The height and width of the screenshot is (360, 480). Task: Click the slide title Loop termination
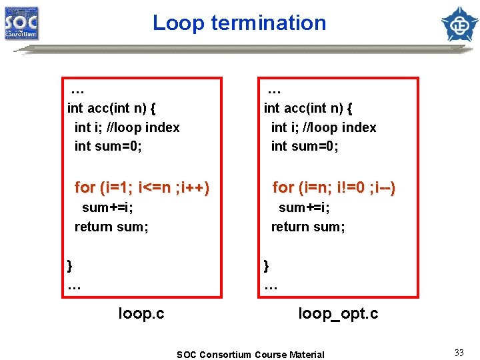pos(239,23)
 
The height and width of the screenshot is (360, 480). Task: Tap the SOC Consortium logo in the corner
pos(21,23)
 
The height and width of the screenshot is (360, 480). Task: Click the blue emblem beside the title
pos(459,24)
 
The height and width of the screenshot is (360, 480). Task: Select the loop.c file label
pos(141,313)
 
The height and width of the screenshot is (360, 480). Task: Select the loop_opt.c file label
pos(338,313)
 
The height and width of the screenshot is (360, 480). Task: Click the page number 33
pos(459,353)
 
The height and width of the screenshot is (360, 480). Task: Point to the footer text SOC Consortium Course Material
pos(251,355)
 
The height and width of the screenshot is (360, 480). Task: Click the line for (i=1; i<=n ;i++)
pos(142,188)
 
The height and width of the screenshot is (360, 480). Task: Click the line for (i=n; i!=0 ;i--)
pos(334,188)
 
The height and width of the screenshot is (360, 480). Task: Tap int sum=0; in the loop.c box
pos(108,146)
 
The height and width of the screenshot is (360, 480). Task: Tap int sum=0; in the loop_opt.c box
pos(305,146)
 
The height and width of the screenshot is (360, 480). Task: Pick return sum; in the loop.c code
pos(111,227)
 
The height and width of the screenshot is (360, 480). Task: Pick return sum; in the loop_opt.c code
pos(308,227)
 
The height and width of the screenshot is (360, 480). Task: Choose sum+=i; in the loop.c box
pos(107,207)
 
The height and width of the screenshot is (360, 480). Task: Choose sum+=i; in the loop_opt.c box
pos(304,207)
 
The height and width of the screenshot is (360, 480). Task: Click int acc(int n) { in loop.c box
pos(112,107)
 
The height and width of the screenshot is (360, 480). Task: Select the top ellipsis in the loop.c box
pos(77,89)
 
